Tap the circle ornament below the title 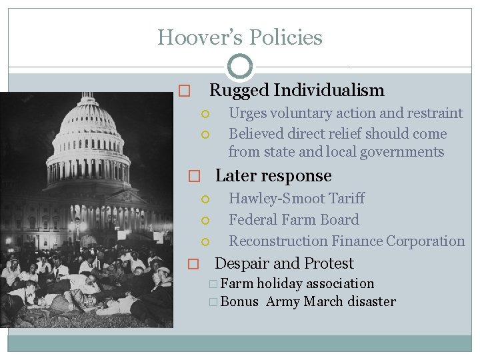pos(240,67)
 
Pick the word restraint pos(433,113)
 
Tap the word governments pos(402,152)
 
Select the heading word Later pos(233,176)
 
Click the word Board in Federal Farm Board pos(339,220)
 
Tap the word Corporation pos(425,241)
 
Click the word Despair pos(240,263)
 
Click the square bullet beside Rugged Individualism pos(185,91)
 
